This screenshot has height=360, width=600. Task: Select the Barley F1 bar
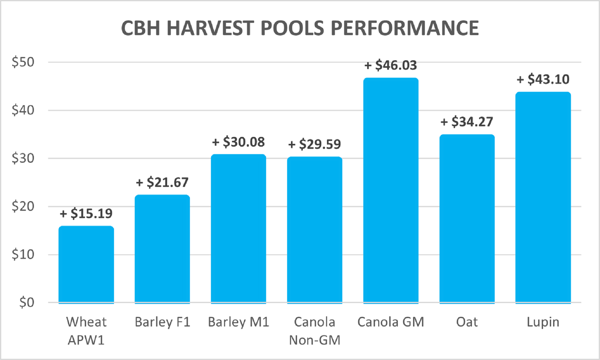(162, 249)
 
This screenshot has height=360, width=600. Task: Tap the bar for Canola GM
(391, 190)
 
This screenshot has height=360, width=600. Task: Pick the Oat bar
(467, 219)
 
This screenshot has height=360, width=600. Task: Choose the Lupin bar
(543, 198)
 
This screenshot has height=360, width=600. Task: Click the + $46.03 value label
(391, 65)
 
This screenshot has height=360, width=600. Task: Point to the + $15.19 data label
(86, 214)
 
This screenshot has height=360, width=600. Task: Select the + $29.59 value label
(314, 144)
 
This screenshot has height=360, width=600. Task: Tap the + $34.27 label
(467, 122)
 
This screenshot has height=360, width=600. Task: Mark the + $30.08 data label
(238, 142)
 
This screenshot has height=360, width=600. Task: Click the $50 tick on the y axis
(23, 62)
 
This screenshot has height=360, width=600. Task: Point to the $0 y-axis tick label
(27, 302)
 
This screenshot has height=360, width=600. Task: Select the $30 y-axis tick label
(23, 158)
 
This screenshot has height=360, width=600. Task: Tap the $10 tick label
(23, 254)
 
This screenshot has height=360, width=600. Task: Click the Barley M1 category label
(238, 322)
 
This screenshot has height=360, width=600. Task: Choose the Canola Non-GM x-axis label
(314, 331)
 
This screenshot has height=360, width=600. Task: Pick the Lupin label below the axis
(543, 322)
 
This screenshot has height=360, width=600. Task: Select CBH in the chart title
(140, 28)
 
